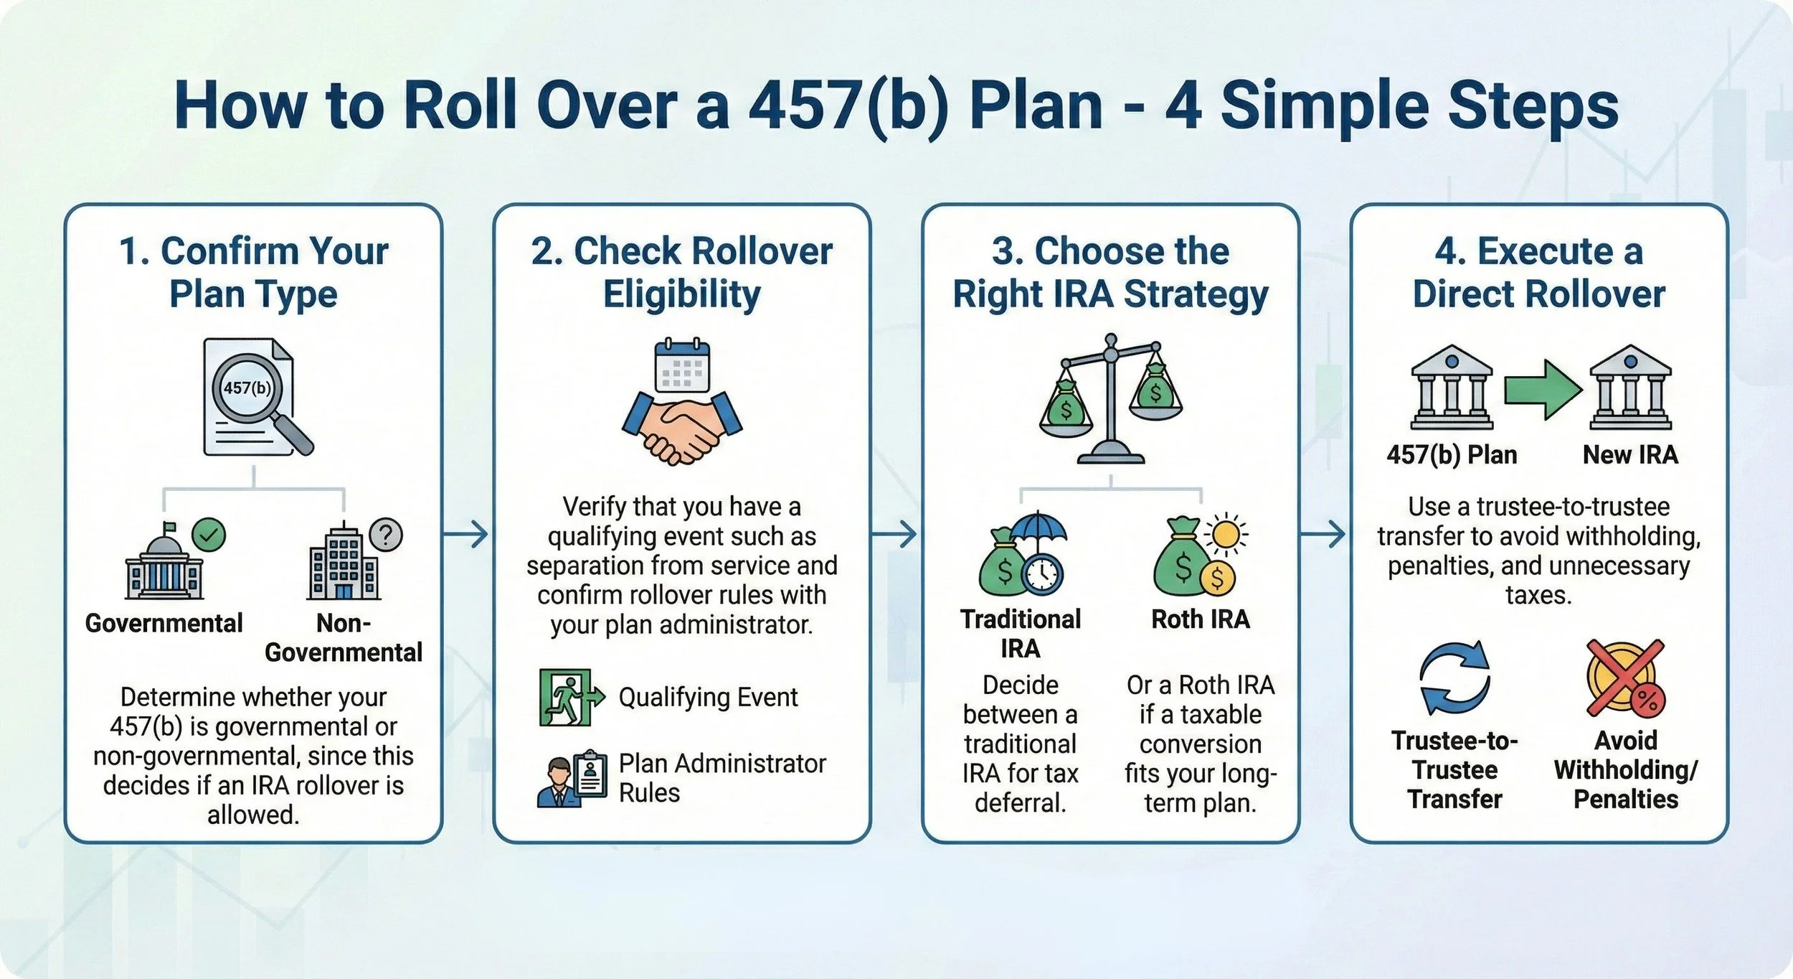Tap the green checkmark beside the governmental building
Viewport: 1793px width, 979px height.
coord(209,535)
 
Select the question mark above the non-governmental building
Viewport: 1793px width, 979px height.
coord(386,535)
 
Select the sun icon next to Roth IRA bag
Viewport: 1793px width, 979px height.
coord(1226,535)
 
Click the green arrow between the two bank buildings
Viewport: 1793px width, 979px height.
coord(1543,389)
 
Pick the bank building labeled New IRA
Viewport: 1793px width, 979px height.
coord(1630,388)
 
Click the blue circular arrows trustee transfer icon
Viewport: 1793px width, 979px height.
coord(1454,678)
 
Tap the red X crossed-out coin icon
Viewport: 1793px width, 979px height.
coord(1625,678)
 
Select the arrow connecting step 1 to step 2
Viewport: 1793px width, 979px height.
coord(466,535)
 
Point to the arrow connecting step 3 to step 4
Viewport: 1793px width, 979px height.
coord(1323,535)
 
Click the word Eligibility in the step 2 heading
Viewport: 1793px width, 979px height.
coord(681,294)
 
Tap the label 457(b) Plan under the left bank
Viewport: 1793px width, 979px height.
coord(1452,454)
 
